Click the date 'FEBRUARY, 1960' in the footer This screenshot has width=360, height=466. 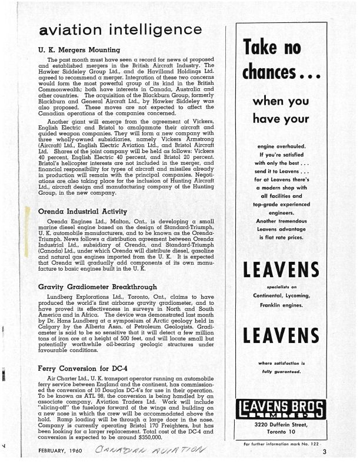point(59,453)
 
